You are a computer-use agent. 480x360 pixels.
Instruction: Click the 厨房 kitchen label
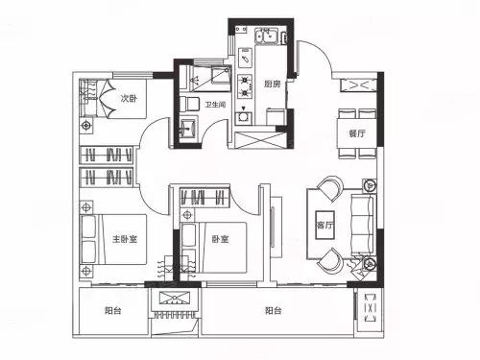[x=273, y=84]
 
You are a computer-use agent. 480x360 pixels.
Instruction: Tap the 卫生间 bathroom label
[x=215, y=105]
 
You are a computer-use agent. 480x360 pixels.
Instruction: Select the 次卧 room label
[x=129, y=98]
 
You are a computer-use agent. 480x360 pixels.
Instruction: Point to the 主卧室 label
[x=125, y=239]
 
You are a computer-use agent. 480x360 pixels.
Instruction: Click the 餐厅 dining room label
[x=357, y=133]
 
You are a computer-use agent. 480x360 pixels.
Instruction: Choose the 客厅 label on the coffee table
[x=324, y=225]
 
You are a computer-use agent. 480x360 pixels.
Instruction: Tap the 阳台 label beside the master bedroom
[x=113, y=310]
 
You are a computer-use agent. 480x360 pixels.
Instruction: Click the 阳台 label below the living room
[x=274, y=310]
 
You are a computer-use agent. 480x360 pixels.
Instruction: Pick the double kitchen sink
[x=266, y=36]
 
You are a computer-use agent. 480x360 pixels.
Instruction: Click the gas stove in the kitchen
[x=245, y=86]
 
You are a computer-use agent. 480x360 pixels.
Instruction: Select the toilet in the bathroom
[x=189, y=104]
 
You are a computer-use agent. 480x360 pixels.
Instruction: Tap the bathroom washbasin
[x=188, y=129]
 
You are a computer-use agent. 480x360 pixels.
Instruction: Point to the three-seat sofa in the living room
[x=362, y=225]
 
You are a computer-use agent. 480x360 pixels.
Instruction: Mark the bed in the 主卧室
[x=114, y=239]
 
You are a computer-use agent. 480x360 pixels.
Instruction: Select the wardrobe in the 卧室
[x=204, y=197]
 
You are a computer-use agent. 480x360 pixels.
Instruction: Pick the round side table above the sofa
[x=370, y=185]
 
